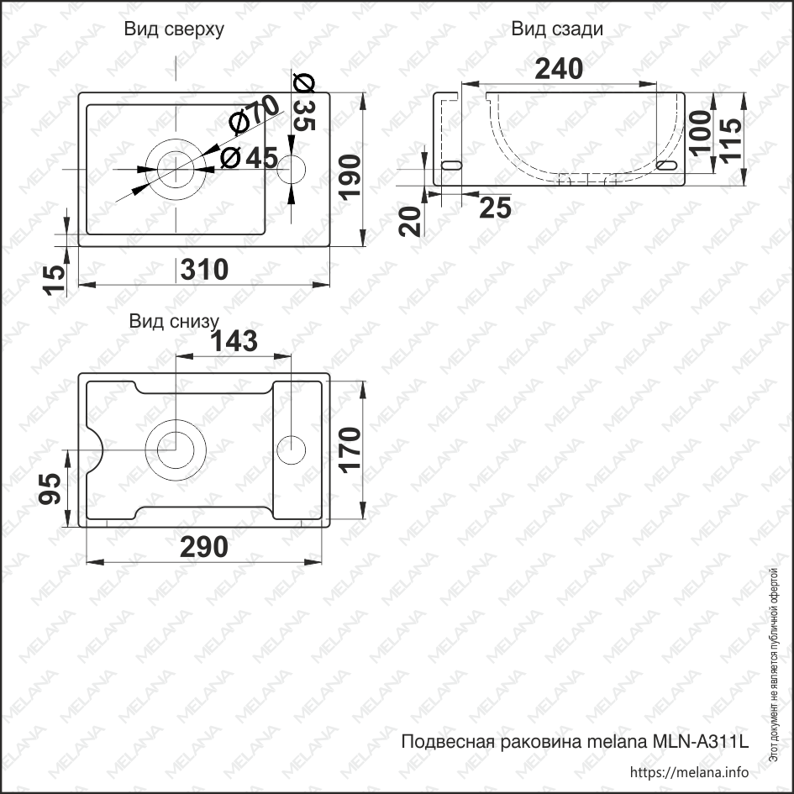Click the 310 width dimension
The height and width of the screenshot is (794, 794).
point(205,270)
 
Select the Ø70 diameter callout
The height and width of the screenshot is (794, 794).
point(253,113)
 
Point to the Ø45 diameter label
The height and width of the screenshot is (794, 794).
point(249,157)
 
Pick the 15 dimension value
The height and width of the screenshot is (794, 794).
point(55,280)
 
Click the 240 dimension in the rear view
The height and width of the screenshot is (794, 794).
point(560,69)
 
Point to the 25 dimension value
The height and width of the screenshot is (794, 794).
point(495,208)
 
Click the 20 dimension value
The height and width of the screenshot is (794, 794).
point(411,221)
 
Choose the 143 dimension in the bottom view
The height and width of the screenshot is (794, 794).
point(234,340)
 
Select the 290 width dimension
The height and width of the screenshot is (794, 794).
point(205,547)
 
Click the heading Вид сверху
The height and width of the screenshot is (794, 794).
point(174,29)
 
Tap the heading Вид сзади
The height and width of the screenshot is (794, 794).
point(557,29)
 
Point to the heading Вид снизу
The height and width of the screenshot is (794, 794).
point(174,321)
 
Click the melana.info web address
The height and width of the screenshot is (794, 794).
point(688,772)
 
